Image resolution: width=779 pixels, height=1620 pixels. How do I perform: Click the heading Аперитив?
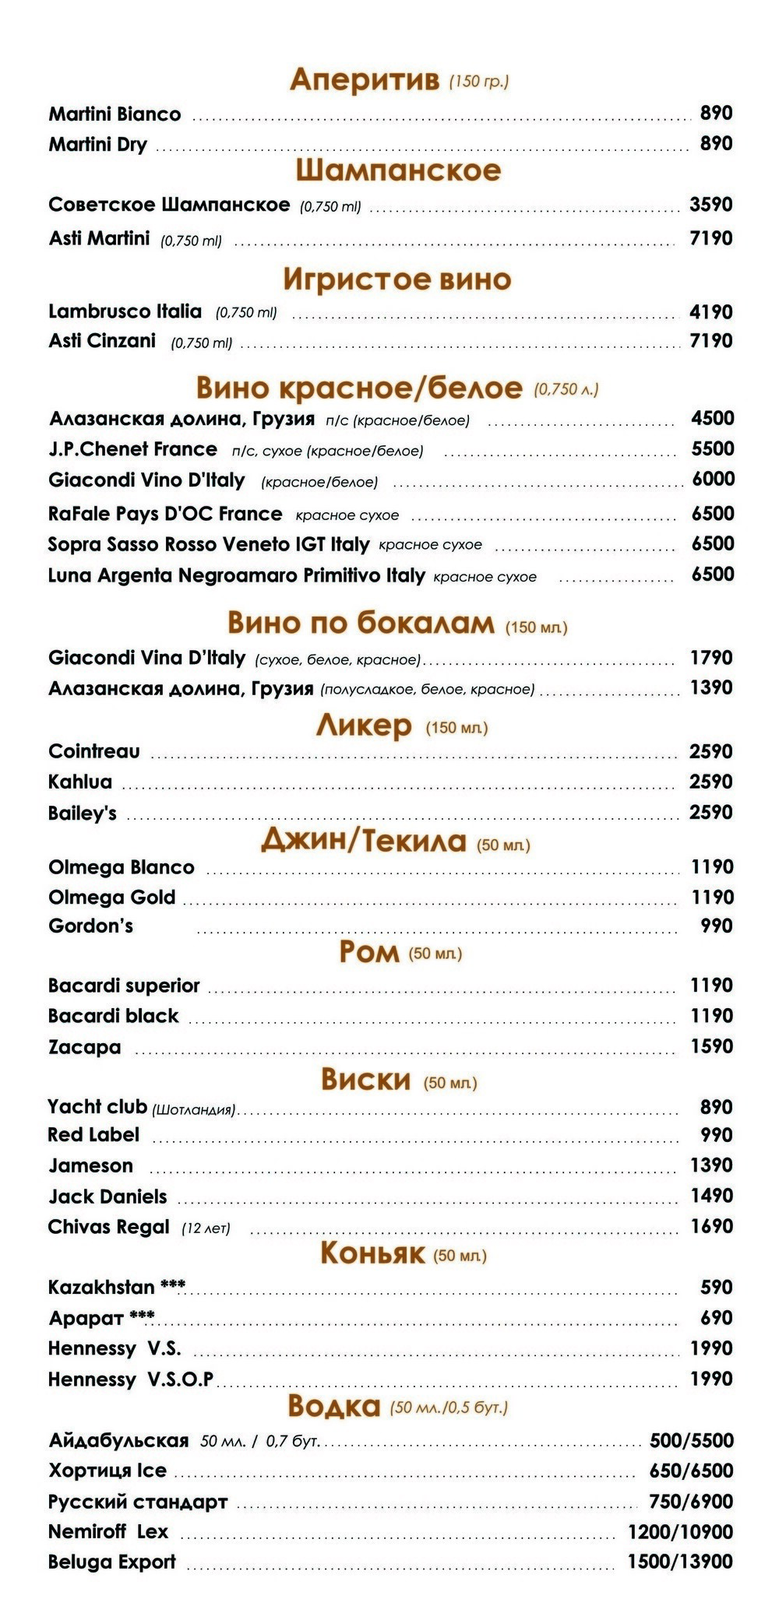364,79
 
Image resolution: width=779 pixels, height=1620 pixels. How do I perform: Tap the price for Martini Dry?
716,144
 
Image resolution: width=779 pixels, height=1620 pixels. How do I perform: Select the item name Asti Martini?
99,238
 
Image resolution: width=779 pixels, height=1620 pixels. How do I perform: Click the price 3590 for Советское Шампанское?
710,205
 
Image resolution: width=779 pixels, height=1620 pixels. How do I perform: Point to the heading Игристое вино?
397,279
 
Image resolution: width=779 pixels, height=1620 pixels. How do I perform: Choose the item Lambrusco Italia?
125,311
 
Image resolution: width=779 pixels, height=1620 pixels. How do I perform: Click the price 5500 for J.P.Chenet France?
713,448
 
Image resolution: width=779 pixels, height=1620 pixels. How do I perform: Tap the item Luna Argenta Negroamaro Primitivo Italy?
236,576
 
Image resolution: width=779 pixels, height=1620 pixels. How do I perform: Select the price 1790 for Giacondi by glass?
711,658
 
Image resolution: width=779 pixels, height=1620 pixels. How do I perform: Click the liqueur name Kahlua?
80,782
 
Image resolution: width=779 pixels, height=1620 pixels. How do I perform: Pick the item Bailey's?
82,814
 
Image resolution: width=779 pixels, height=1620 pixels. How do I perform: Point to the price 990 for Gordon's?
717,926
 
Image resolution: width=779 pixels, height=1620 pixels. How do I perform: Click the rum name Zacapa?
84,1047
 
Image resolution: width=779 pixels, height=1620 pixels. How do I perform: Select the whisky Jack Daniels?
108,1196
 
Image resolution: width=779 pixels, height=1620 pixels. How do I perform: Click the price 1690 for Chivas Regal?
711,1226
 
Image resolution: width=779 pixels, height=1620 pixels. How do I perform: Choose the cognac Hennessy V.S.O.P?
131,1379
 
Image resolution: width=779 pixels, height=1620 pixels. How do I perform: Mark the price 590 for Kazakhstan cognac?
717,1287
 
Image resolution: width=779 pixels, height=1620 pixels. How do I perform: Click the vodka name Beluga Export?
112,1562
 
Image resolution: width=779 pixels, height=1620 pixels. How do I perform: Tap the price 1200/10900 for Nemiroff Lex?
680,1531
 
